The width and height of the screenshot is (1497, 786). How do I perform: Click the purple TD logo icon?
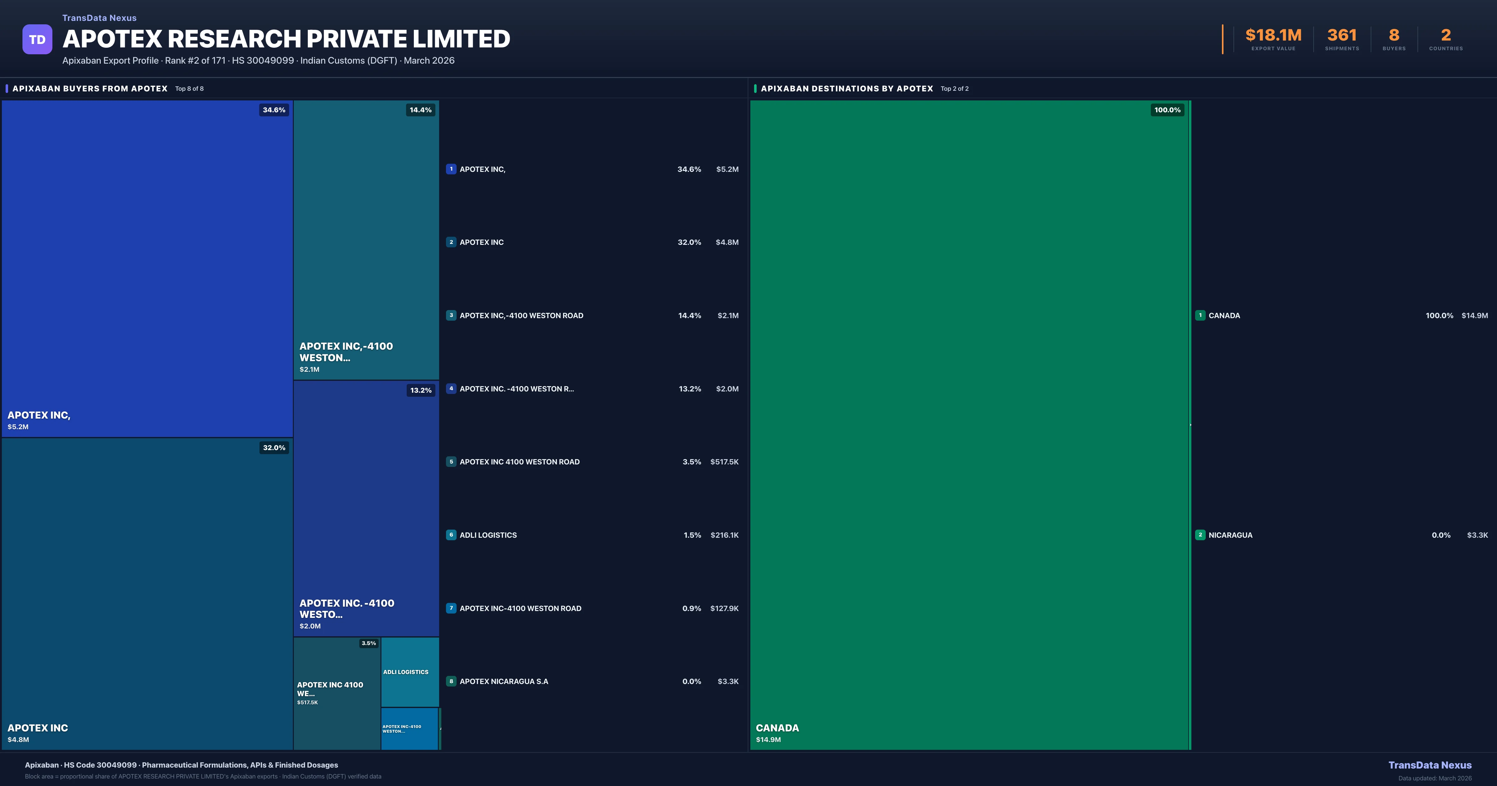click(37, 40)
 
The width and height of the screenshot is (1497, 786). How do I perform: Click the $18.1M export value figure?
click(1273, 36)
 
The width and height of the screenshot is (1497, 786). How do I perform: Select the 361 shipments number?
click(1341, 36)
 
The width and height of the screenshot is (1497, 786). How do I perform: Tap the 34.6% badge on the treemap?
click(274, 110)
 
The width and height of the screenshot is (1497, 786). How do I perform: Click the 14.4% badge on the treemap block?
click(420, 110)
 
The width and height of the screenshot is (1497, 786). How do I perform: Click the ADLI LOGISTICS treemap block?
click(410, 672)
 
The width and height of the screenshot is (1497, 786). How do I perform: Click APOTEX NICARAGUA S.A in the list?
click(503, 681)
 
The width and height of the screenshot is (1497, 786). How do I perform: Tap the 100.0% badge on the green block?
click(1167, 110)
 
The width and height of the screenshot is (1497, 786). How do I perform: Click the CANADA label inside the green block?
click(777, 728)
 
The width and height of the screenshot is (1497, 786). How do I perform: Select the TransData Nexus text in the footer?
click(1430, 765)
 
